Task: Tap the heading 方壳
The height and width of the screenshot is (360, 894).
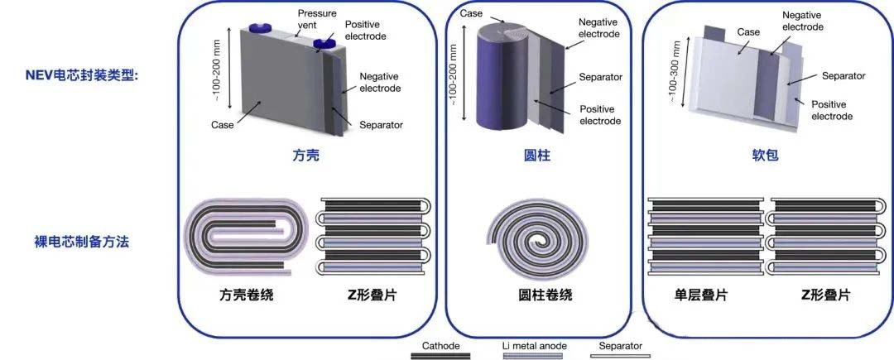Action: (x=306, y=155)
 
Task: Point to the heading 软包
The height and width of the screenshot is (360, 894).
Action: (x=767, y=155)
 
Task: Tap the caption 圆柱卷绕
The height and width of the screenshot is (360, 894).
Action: (x=538, y=295)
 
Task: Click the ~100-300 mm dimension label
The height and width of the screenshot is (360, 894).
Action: (x=675, y=74)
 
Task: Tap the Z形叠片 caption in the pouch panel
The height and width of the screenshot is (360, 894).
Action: (x=825, y=295)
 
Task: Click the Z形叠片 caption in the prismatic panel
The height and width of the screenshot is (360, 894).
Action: (x=370, y=295)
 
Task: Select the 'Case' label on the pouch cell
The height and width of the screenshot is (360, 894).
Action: (x=748, y=32)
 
